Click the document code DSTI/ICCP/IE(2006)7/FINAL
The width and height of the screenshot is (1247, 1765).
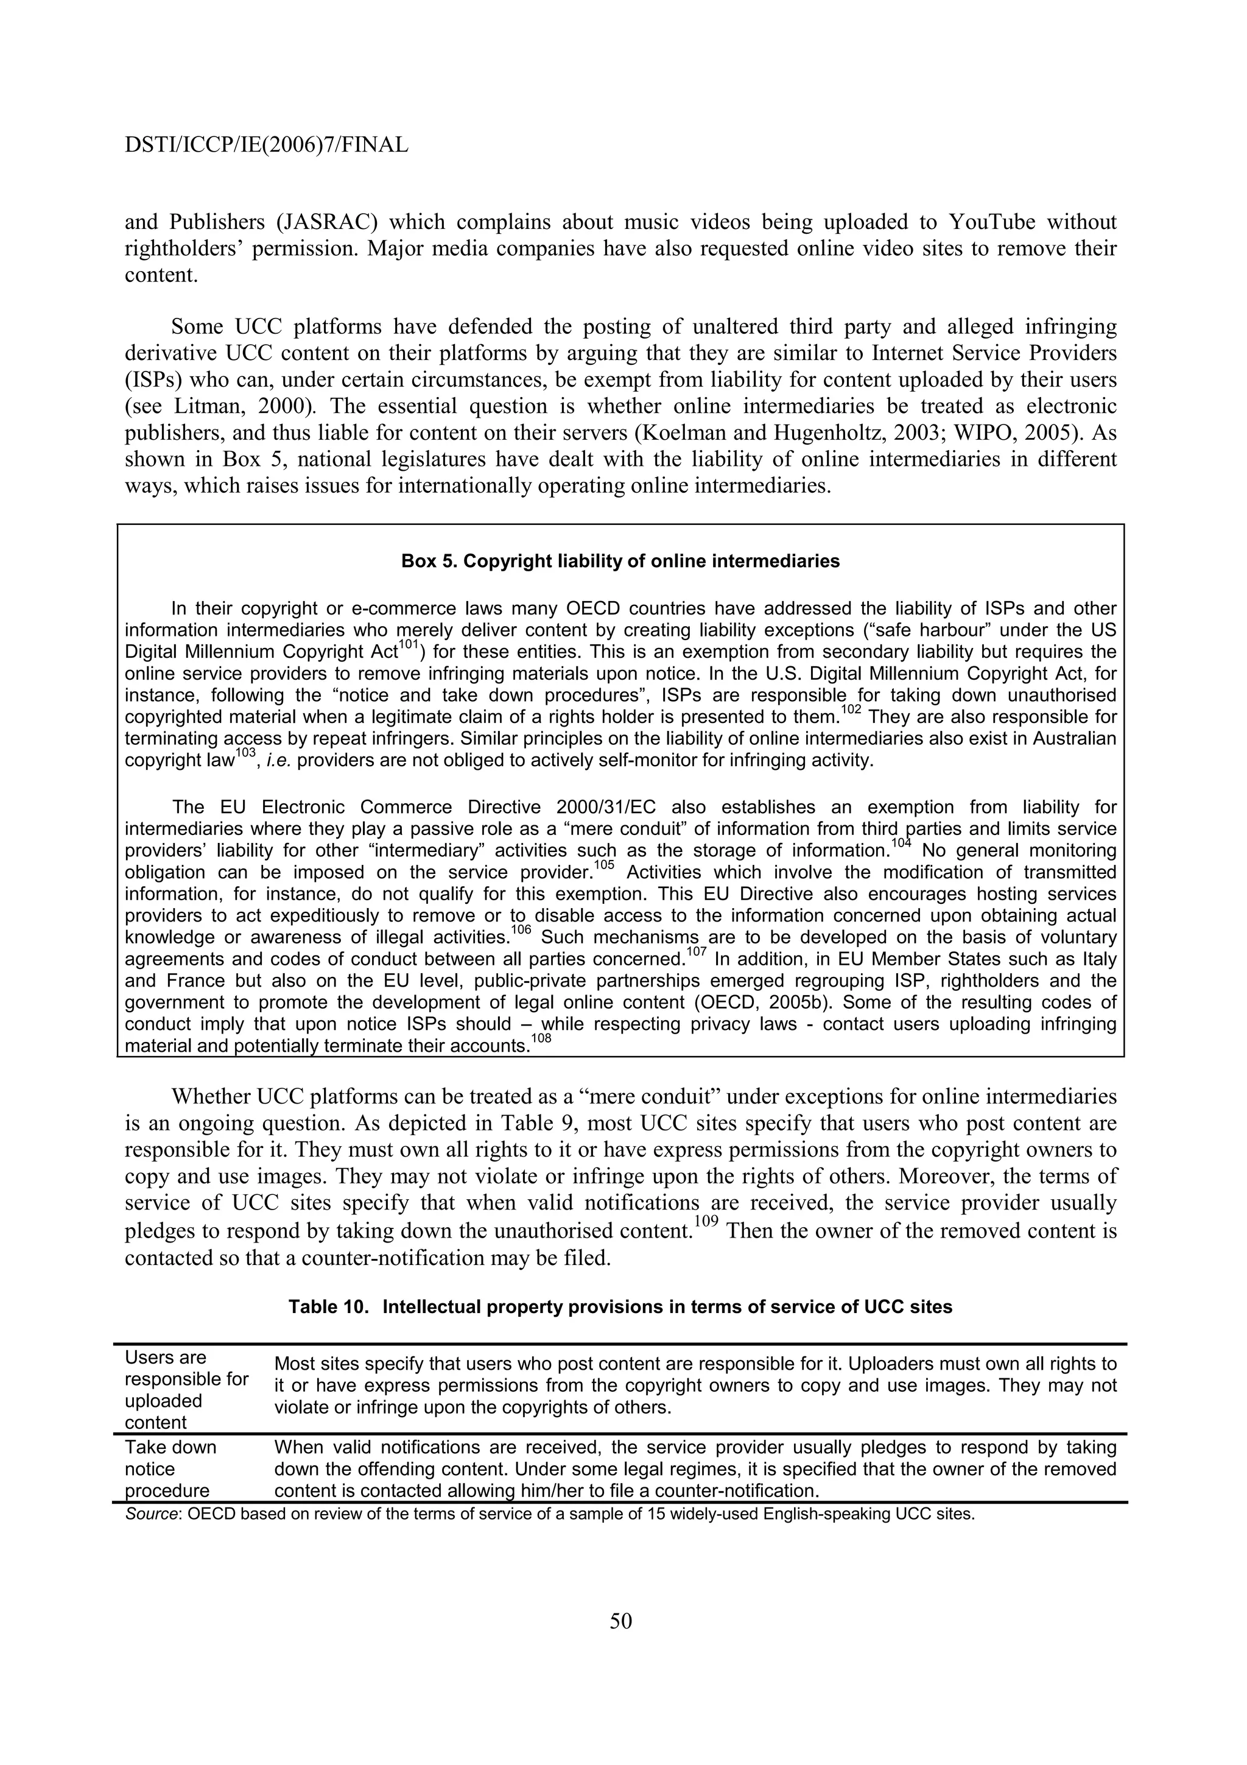(x=266, y=144)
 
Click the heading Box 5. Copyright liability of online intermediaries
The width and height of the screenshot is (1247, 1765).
(x=620, y=561)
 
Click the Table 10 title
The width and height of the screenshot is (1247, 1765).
(x=620, y=1307)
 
